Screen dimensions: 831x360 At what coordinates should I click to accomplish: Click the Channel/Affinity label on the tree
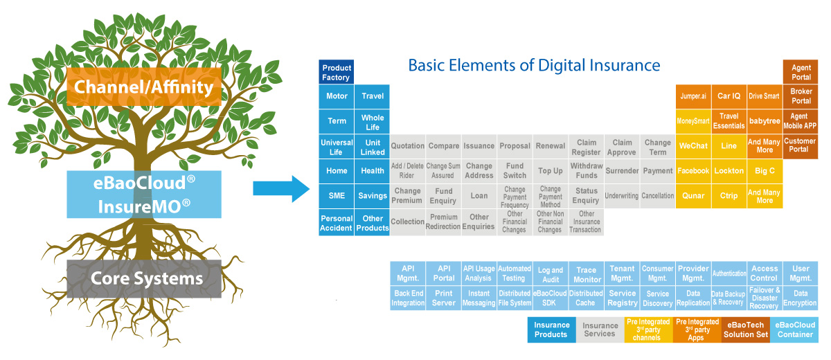tap(144, 87)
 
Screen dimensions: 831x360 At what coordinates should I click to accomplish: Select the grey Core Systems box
tap(144, 279)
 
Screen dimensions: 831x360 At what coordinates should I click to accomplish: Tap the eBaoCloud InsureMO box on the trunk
tap(144, 195)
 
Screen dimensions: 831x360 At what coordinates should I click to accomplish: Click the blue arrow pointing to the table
tap(281, 189)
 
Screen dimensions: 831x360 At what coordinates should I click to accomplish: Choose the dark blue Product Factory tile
tap(336, 72)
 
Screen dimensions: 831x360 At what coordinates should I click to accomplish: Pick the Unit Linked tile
tap(372, 147)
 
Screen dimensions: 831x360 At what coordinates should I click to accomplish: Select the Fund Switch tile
tap(515, 171)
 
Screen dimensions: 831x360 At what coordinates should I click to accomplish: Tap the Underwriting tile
tap(621, 196)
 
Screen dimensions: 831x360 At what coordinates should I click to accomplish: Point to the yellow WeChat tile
tap(693, 146)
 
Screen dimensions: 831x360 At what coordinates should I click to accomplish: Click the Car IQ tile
tap(729, 96)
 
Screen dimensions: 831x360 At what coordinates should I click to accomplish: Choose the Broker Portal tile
tap(801, 96)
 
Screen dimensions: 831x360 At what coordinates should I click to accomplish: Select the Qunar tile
tap(693, 196)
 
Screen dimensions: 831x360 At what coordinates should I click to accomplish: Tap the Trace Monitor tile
tap(586, 273)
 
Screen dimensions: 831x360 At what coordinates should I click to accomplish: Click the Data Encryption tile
tap(801, 298)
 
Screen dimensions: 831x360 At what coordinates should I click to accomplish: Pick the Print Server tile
tap(443, 298)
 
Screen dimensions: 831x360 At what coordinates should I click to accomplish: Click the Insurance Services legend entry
tap(600, 330)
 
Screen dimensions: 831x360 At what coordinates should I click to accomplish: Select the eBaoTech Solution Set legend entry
tap(746, 330)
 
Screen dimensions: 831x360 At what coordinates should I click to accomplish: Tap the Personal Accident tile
tap(336, 222)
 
